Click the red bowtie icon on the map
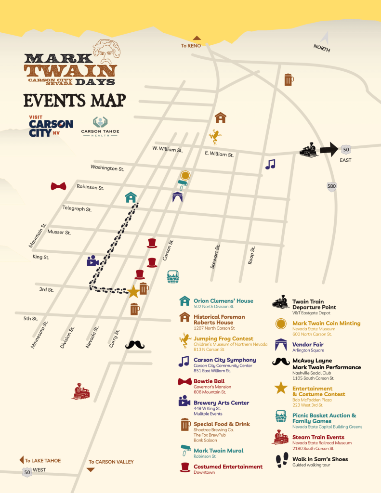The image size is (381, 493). coord(58,186)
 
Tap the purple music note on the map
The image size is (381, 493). coord(270,164)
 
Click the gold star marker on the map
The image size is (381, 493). coord(133,292)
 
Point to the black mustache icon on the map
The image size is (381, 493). coord(135,345)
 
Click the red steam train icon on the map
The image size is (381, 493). coord(80,391)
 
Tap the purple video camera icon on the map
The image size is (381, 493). coord(92,261)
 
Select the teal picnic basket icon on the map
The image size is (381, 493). coord(173,277)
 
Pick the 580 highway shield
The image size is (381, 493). coord(331,186)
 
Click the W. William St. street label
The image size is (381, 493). coord(167,149)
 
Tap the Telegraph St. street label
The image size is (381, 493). coord(77,208)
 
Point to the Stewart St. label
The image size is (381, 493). coord(215,257)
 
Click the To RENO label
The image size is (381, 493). coord(191,46)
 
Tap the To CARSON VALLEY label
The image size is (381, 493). coord(111,462)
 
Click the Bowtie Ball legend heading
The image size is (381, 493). coord(209,381)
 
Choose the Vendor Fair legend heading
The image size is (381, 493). coord(308,345)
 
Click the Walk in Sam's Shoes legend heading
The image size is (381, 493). coord(320,459)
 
